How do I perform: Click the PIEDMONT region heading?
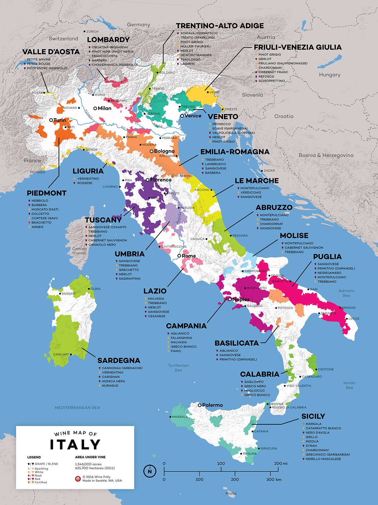point(47,193)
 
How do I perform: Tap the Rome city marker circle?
point(179,256)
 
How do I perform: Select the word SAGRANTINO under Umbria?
point(129,279)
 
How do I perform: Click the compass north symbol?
point(150,471)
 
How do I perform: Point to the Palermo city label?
point(212,405)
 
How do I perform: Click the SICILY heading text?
point(313,416)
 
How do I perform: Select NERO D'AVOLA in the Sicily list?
point(317,433)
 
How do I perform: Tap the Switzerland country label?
point(63,39)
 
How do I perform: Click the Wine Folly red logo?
point(78,479)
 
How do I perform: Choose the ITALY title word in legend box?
point(75,444)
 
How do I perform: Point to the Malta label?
point(231,493)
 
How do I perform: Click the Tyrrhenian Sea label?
point(178,368)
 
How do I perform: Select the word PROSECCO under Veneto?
point(221,124)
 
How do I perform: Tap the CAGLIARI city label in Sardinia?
point(60,354)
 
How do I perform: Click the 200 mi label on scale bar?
point(281,463)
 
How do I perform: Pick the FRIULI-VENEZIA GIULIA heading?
point(298,47)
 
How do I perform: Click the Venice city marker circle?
point(182,116)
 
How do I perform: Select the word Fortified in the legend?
point(41,482)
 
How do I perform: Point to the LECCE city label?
point(354,318)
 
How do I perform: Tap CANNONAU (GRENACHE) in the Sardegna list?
point(122,368)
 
